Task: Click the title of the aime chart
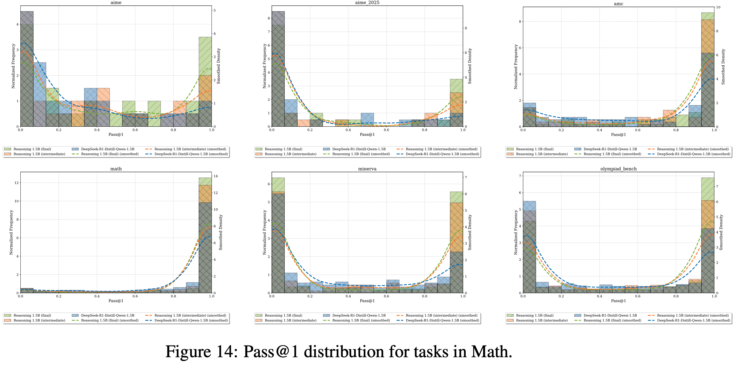point(116,3)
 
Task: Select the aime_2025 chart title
point(367,3)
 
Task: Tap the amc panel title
point(618,4)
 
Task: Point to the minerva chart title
point(367,169)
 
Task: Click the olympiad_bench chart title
point(618,169)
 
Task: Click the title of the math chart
point(116,169)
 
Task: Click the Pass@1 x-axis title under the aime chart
point(116,134)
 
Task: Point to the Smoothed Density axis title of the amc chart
point(723,67)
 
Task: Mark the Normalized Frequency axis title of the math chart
point(11,232)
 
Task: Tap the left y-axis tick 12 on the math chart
point(17,183)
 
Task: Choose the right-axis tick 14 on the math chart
point(215,176)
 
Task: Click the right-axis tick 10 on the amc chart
point(718,7)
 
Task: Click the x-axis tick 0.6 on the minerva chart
point(386,296)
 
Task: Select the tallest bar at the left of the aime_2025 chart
point(278,69)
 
